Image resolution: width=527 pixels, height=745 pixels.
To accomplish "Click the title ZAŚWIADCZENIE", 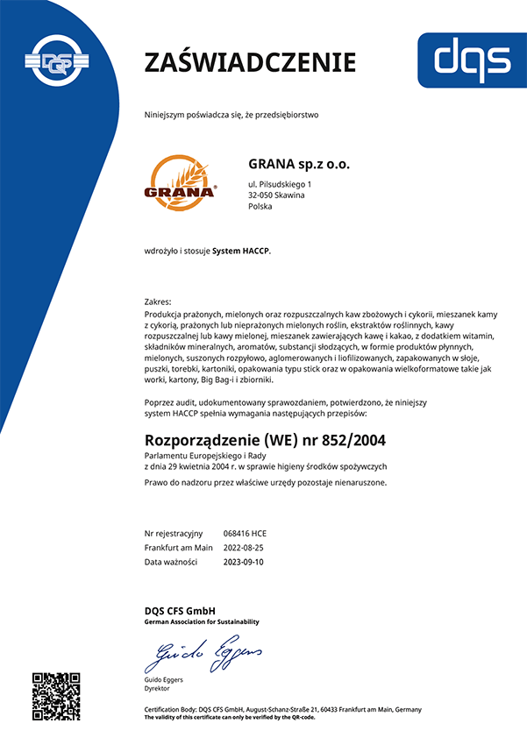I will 250,62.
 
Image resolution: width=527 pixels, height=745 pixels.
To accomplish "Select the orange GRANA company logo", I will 180,180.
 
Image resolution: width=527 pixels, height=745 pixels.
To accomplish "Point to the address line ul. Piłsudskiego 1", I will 281,183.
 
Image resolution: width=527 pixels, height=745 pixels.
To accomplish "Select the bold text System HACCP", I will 241,251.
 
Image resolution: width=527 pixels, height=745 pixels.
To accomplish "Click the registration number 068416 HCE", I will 246,533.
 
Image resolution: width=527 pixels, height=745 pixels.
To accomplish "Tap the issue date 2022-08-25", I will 245,547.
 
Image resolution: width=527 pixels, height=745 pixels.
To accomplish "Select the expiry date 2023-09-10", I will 245,562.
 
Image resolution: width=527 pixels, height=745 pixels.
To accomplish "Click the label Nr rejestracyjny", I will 174,533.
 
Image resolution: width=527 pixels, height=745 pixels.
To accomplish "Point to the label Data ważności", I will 171,562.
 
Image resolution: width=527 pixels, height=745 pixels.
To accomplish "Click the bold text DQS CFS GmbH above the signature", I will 180,610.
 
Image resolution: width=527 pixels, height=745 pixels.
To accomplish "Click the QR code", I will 56,696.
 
